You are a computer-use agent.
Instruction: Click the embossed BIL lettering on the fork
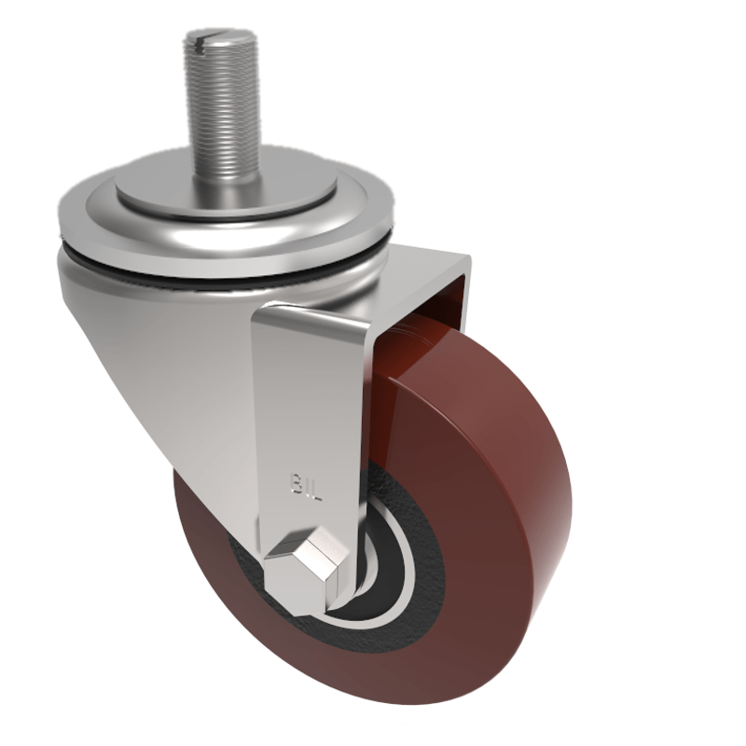click(305, 485)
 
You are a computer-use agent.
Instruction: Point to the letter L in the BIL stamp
click(315, 486)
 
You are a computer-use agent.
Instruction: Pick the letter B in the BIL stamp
click(295, 484)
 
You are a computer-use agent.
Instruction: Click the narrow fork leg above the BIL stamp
click(308, 392)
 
